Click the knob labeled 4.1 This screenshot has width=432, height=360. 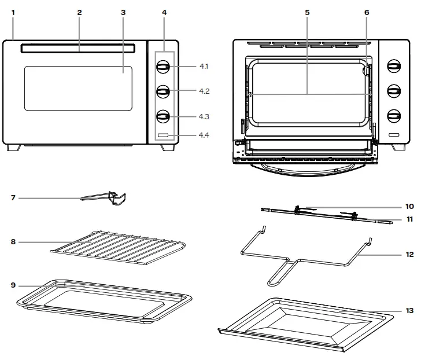(163, 67)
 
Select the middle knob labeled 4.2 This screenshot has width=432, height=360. (163, 91)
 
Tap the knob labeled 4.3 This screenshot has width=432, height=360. (163, 116)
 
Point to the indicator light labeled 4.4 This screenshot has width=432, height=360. (163, 135)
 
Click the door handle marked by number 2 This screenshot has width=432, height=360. (79, 49)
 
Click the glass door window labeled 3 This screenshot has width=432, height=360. (78, 87)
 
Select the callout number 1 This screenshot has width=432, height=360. (13, 12)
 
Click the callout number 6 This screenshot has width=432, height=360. (366, 12)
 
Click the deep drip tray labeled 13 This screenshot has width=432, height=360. (307, 322)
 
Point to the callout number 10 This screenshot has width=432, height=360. (410, 206)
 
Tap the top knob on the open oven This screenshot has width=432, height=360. (393, 67)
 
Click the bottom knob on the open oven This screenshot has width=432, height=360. (393, 116)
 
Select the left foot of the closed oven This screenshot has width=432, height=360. (12, 148)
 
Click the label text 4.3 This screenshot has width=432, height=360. (204, 116)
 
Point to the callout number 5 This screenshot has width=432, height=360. (307, 12)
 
